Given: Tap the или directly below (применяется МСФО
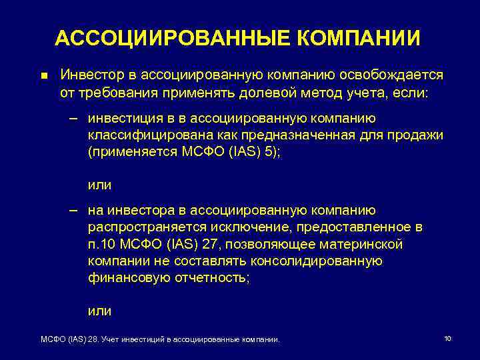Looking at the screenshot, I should click(100, 185).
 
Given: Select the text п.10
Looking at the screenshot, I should click(101, 245).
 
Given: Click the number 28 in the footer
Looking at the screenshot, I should click(91, 339).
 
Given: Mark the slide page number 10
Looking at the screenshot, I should click(447, 339).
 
